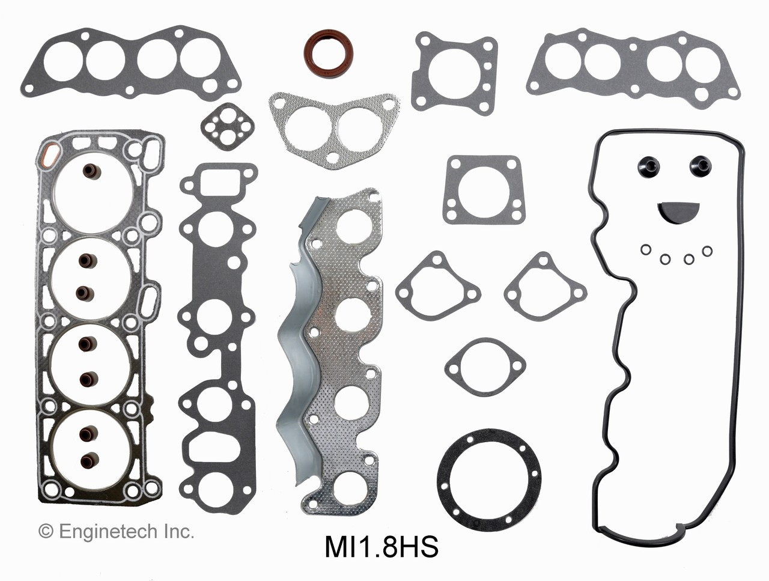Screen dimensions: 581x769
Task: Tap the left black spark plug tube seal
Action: (651, 165)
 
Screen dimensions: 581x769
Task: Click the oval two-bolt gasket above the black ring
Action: (485, 363)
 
